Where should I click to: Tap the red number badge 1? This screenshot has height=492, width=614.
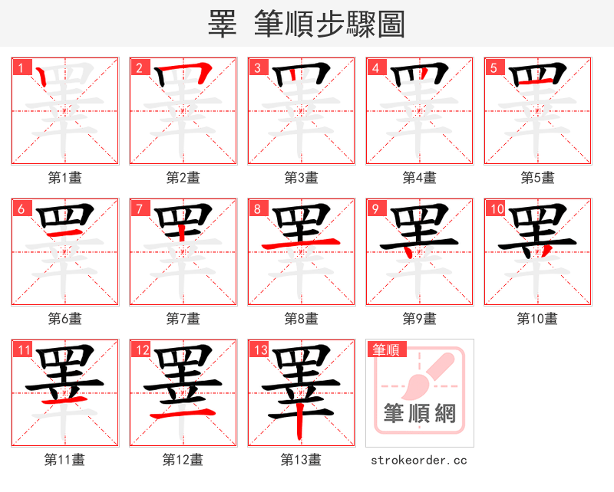pyautogui.click(x=21, y=67)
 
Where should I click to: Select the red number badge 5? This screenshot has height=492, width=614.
pyautogui.click(x=494, y=67)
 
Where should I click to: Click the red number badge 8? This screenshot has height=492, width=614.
pyautogui.click(x=257, y=208)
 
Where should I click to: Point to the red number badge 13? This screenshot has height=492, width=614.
pyautogui.click(x=259, y=350)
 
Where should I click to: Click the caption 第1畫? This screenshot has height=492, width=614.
pyautogui.click(x=64, y=178)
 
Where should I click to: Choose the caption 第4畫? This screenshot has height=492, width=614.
pyautogui.click(x=419, y=178)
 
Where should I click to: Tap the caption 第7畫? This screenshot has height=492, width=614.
pyautogui.click(x=183, y=318)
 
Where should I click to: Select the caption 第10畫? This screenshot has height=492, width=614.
pyautogui.click(x=537, y=318)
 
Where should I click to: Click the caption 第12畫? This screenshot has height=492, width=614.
pyautogui.click(x=183, y=459)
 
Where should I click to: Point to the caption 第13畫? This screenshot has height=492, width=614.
pyautogui.click(x=301, y=459)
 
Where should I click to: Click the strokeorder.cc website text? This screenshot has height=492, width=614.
pyautogui.click(x=419, y=460)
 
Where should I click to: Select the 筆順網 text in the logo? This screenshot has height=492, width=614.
pyautogui.click(x=419, y=414)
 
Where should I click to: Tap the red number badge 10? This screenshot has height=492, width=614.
pyautogui.click(x=496, y=208)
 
